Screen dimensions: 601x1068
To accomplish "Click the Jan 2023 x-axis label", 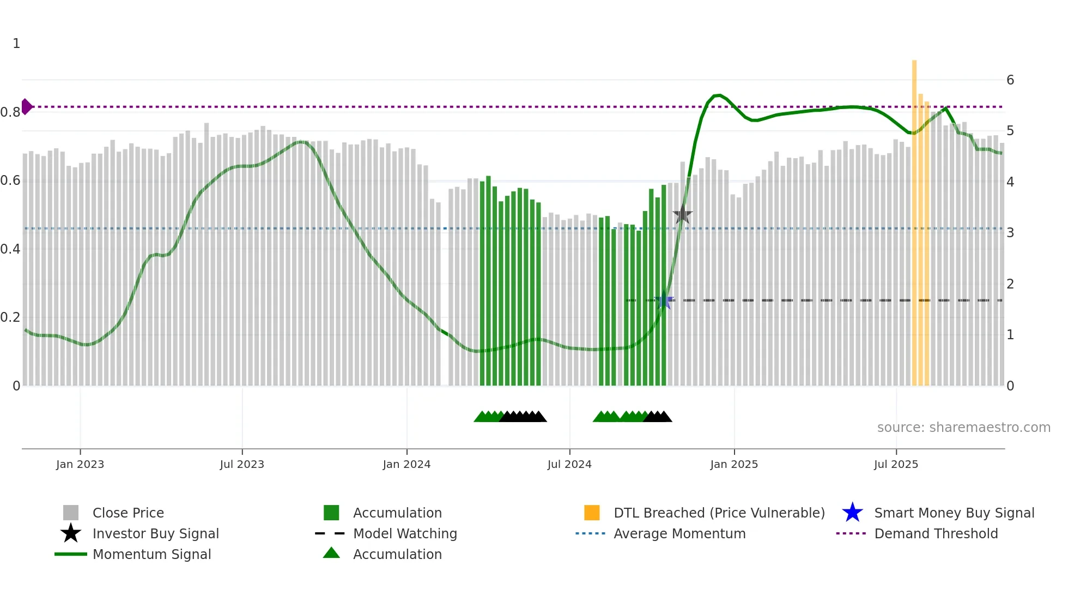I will (80, 464).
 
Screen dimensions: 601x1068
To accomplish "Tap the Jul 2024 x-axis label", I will (569, 464).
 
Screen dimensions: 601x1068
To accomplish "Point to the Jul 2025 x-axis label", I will (896, 464).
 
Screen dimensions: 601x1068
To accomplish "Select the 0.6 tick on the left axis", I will (10, 181).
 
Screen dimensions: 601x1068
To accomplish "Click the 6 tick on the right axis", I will (1010, 80).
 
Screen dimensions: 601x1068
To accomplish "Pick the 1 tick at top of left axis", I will (16, 44).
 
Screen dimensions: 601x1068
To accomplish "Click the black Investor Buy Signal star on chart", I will (682, 215).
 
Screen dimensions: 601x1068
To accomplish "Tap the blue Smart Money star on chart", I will (664, 301).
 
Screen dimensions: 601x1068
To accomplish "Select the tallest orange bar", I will (914, 218).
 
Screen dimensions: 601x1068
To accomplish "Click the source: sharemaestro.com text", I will (963, 428).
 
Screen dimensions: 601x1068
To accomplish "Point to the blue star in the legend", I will (852, 513).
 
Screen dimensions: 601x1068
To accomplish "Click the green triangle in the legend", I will (331, 553).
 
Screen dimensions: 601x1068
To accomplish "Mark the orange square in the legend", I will (592, 513).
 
